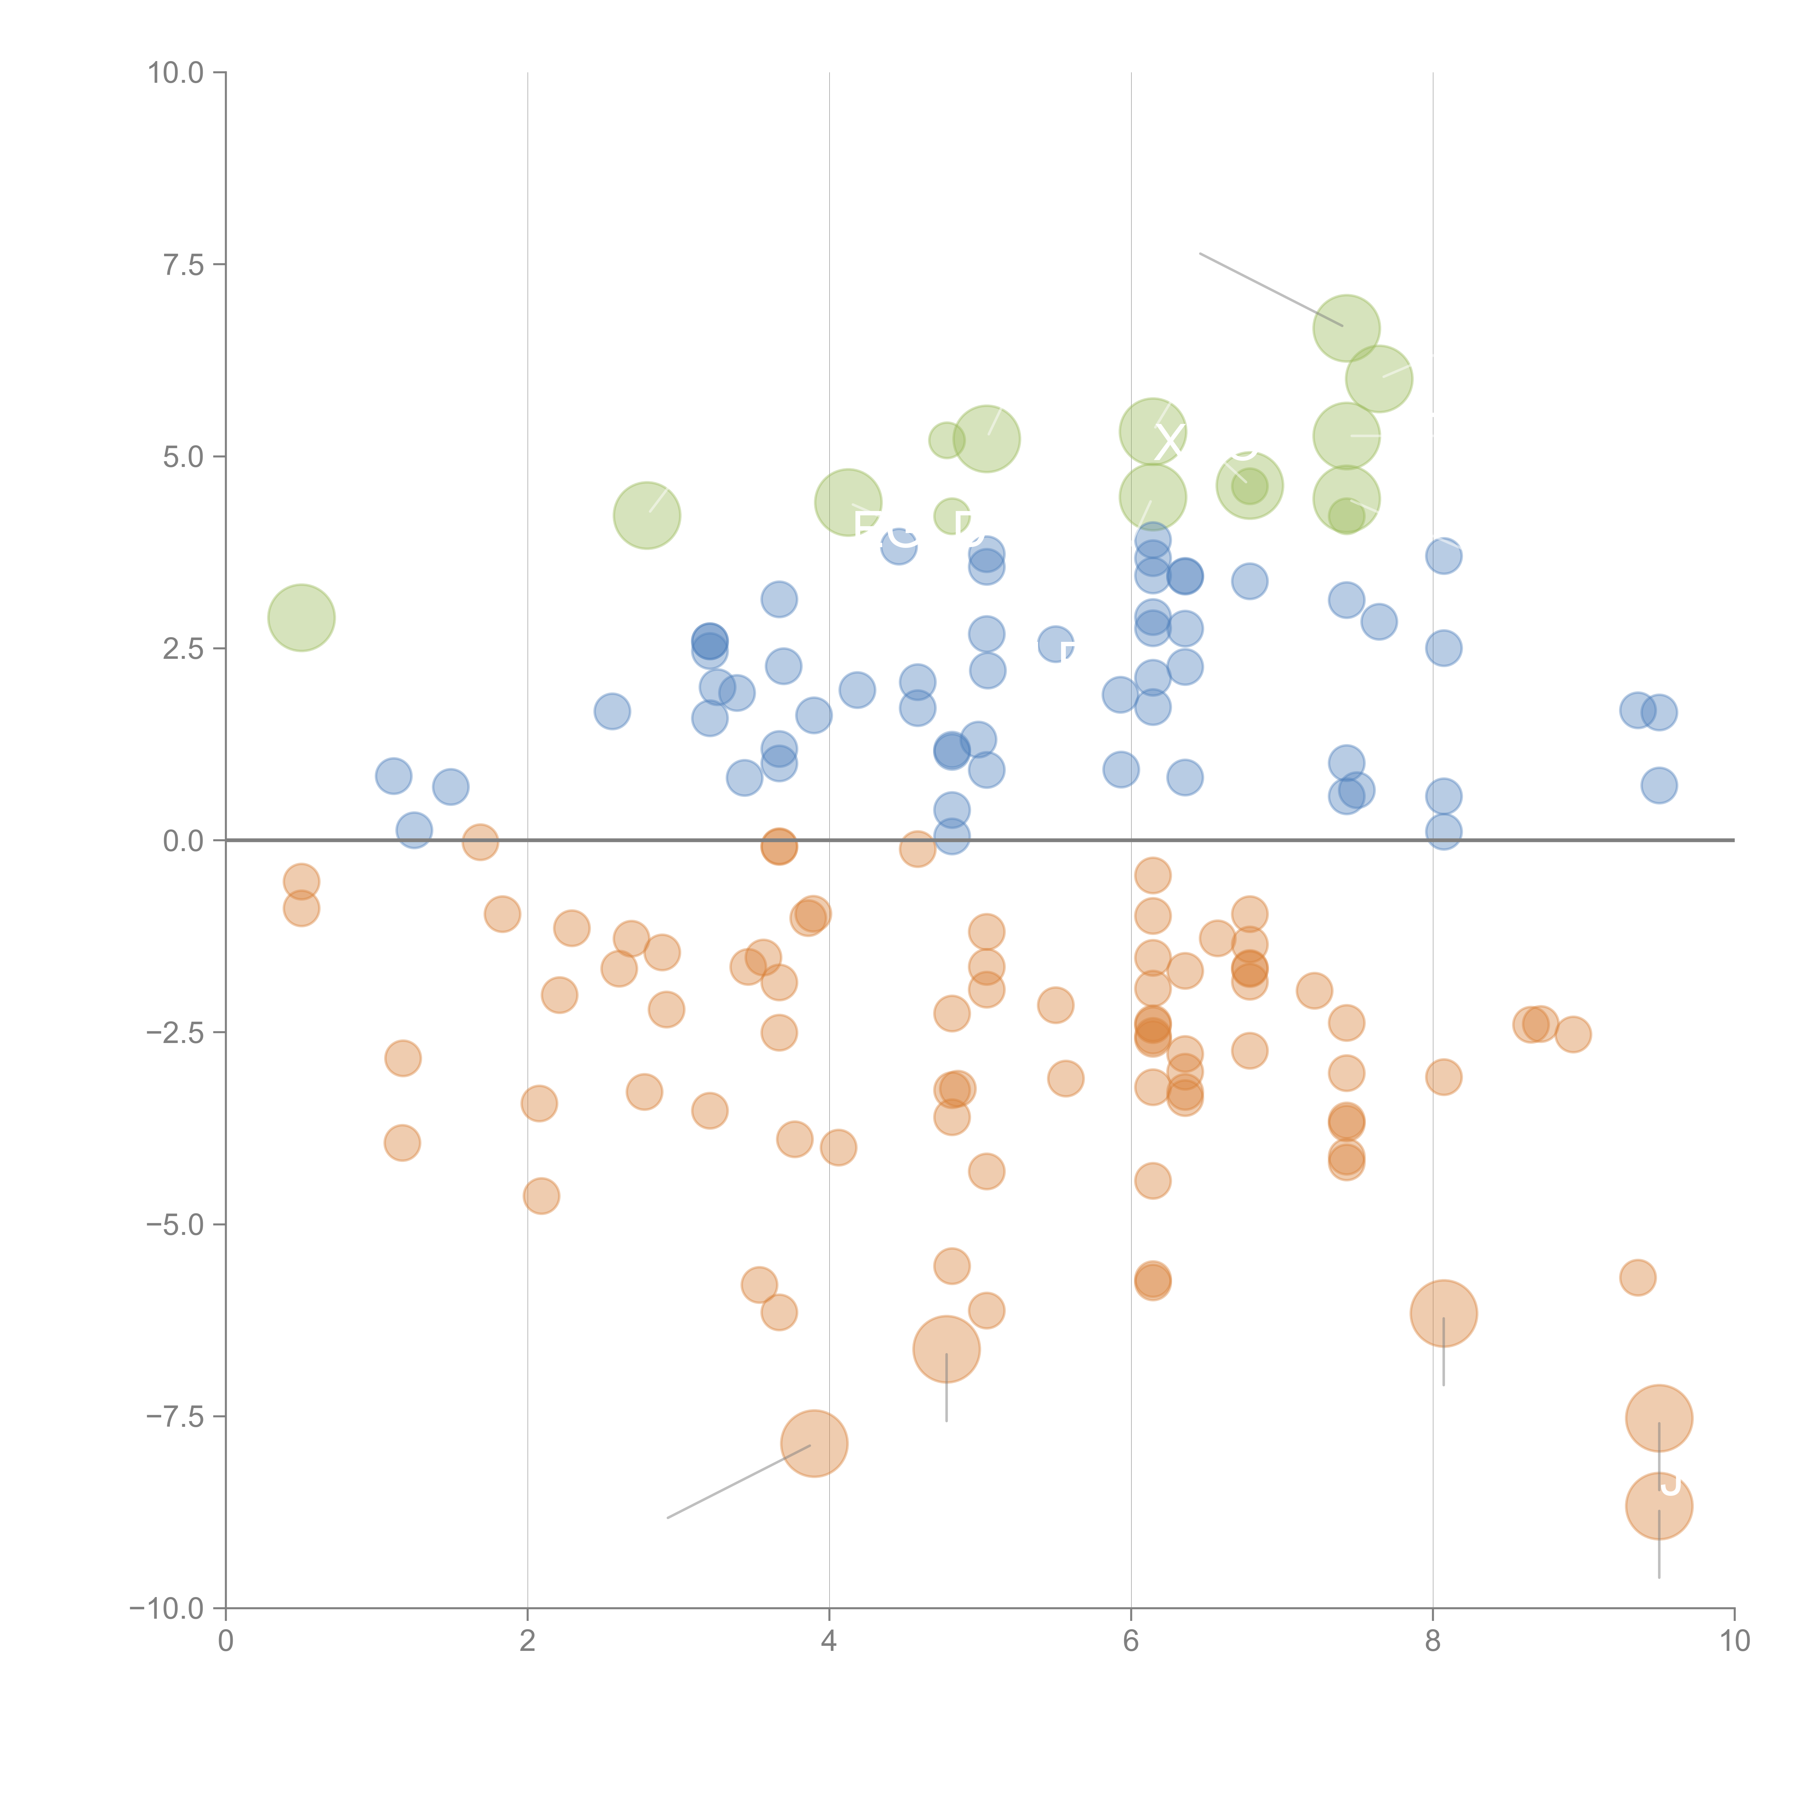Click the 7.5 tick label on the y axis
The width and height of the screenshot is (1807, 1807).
click(x=183, y=265)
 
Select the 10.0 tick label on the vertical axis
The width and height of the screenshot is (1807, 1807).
click(x=176, y=73)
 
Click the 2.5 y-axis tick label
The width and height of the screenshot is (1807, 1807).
click(x=183, y=648)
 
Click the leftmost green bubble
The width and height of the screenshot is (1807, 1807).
click(x=301, y=617)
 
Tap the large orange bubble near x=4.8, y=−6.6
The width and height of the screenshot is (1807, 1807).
click(x=945, y=1349)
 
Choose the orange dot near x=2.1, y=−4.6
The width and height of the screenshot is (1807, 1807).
click(x=541, y=1195)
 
